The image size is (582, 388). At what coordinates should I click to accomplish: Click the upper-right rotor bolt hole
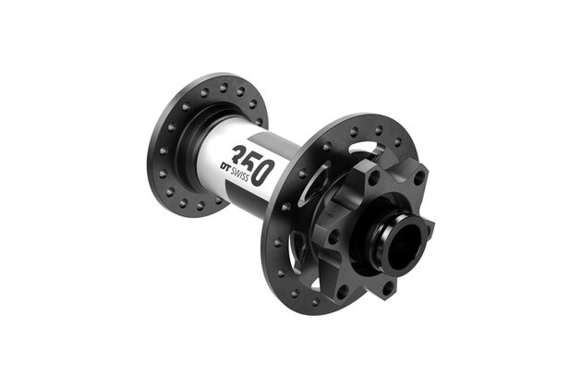click(420, 176)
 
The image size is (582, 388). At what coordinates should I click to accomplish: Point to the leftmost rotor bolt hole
click(333, 236)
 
